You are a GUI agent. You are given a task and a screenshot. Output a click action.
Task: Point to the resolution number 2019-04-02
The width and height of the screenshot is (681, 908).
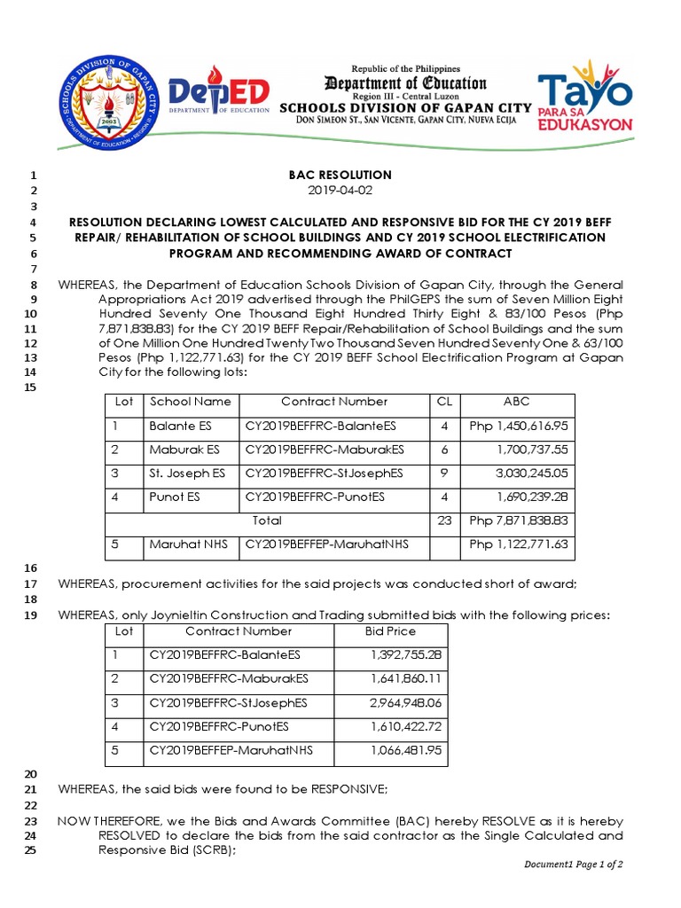coord(340,191)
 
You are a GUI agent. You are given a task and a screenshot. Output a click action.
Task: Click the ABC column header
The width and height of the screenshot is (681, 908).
coord(517,402)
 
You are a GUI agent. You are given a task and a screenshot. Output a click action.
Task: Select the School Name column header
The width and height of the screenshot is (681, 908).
coord(191,402)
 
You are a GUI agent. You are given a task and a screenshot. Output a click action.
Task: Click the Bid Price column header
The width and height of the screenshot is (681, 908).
coord(390,631)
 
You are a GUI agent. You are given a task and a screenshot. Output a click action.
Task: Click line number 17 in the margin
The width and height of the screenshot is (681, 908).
coord(29,584)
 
